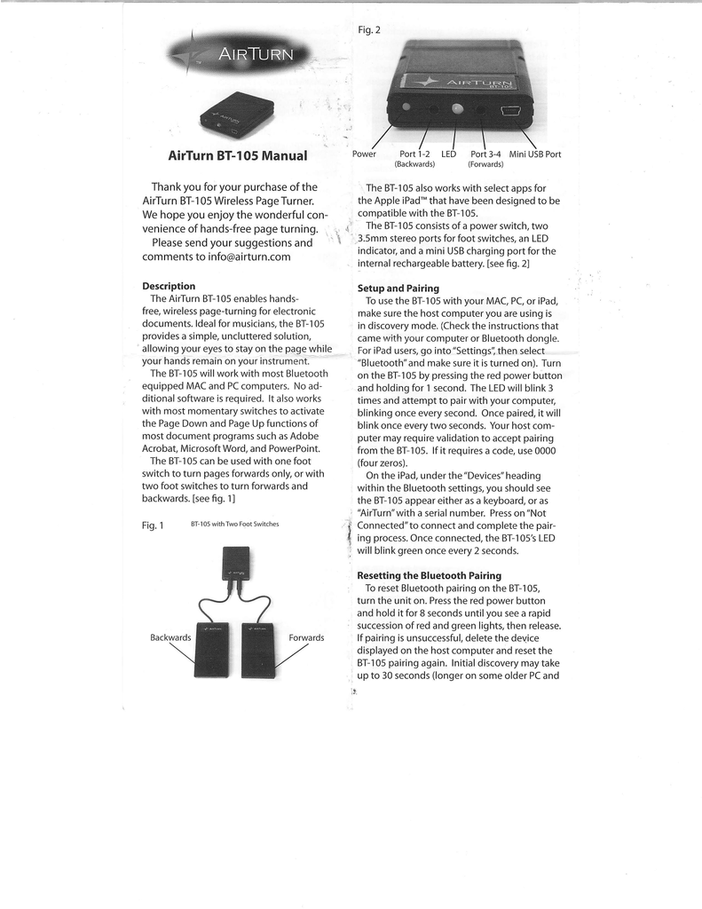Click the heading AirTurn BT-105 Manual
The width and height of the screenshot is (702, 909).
click(237, 156)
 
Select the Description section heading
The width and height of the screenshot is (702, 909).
click(169, 286)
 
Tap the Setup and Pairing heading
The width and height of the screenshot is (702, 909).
click(398, 289)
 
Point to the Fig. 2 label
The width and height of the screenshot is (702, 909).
click(369, 30)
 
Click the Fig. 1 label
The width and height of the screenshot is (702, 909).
click(154, 525)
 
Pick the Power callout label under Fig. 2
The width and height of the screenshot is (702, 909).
click(364, 154)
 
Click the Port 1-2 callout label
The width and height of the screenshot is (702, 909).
click(414, 154)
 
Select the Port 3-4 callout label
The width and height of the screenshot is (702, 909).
click(485, 154)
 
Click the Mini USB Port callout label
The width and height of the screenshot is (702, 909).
click(534, 154)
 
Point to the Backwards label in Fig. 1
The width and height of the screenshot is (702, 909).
click(170, 637)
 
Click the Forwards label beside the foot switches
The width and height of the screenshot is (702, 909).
click(306, 637)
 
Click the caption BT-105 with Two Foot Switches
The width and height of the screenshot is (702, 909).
click(234, 524)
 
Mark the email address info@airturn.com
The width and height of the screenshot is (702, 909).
click(238, 257)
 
